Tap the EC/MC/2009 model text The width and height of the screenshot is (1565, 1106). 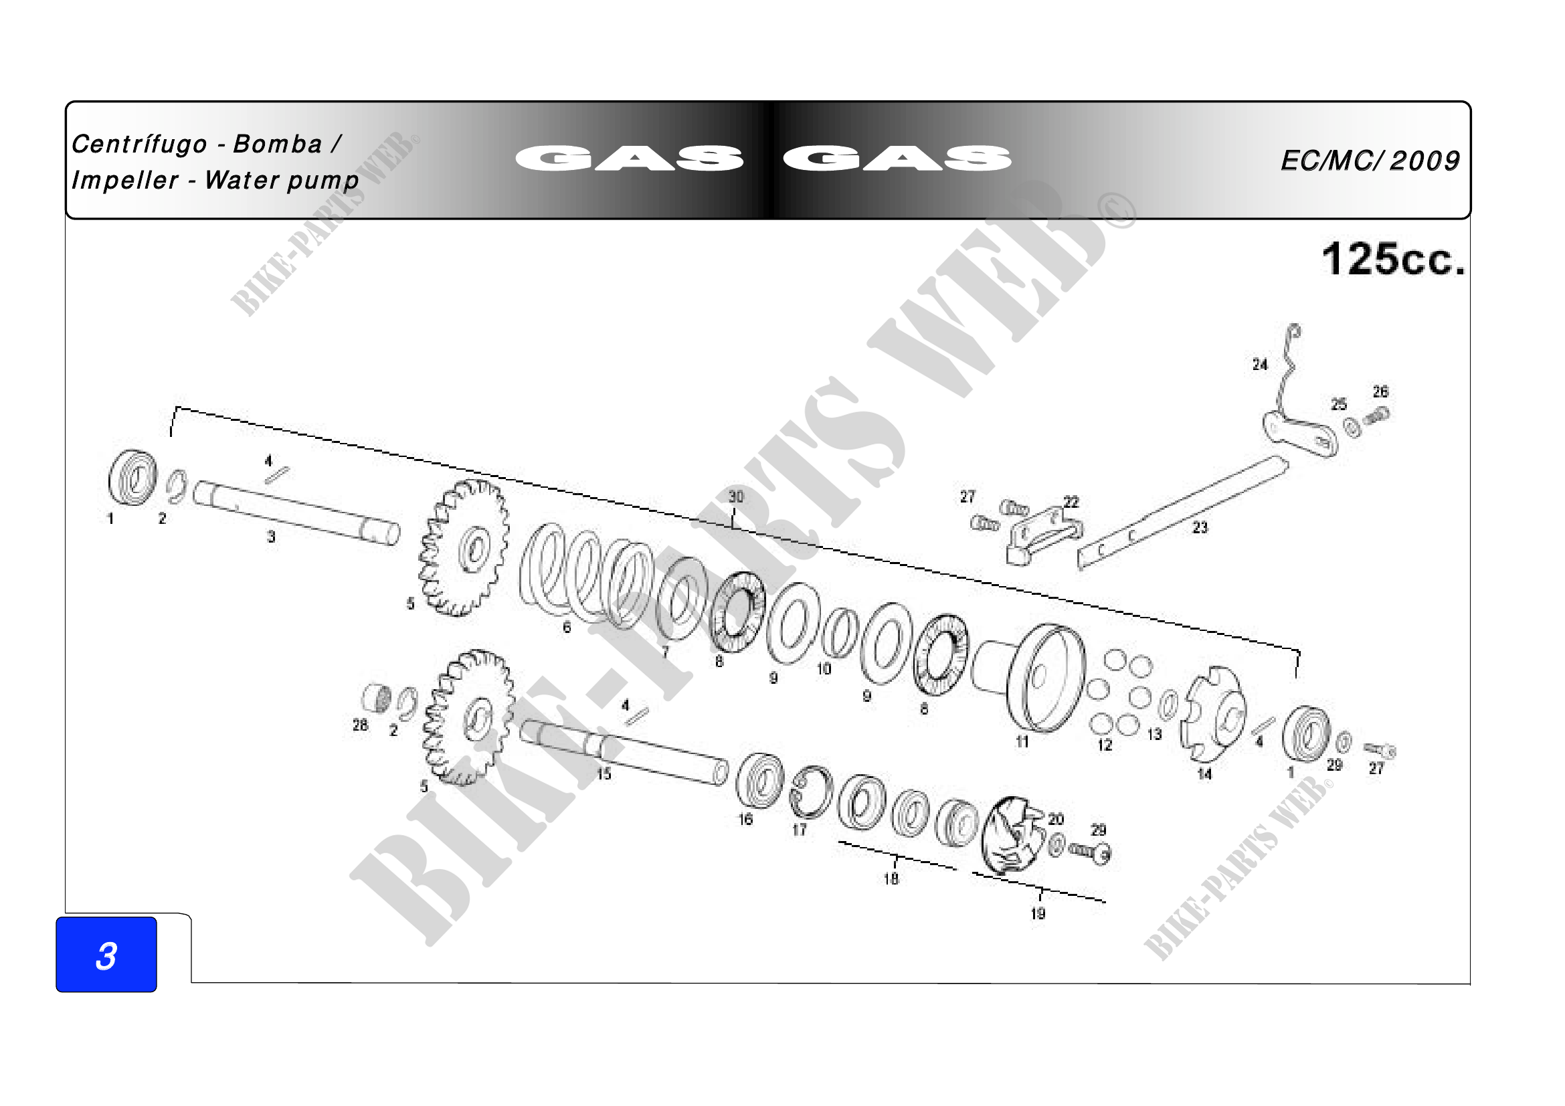(x=1370, y=161)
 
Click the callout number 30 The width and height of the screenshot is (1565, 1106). (x=735, y=496)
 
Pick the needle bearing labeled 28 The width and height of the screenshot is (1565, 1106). (x=377, y=698)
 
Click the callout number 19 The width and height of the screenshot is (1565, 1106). (x=1038, y=913)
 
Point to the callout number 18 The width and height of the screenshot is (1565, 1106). (x=891, y=879)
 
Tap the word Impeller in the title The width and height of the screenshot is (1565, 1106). (x=124, y=181)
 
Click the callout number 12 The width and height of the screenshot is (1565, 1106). (x=1104, y=745)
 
